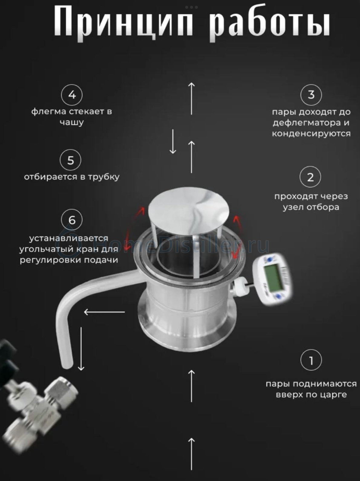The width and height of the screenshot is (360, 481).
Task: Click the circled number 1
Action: [x=311, y=360]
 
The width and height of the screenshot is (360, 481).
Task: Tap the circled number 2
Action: [x=310, y=177]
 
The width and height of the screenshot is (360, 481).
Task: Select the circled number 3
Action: [x=311, y=95]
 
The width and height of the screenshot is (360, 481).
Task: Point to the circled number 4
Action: [x=72, y=95]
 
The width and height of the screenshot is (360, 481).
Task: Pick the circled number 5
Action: [x=70, y=160]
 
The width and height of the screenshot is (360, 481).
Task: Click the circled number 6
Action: [x=72, y=220]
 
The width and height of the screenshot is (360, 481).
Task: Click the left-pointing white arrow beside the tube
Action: [x=104, y=312]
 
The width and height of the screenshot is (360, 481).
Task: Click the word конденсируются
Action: [x=311, y=133]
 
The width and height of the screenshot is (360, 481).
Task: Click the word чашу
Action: [x=72, y=122]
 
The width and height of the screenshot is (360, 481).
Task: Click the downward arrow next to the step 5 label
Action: [x=173, y=142]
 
